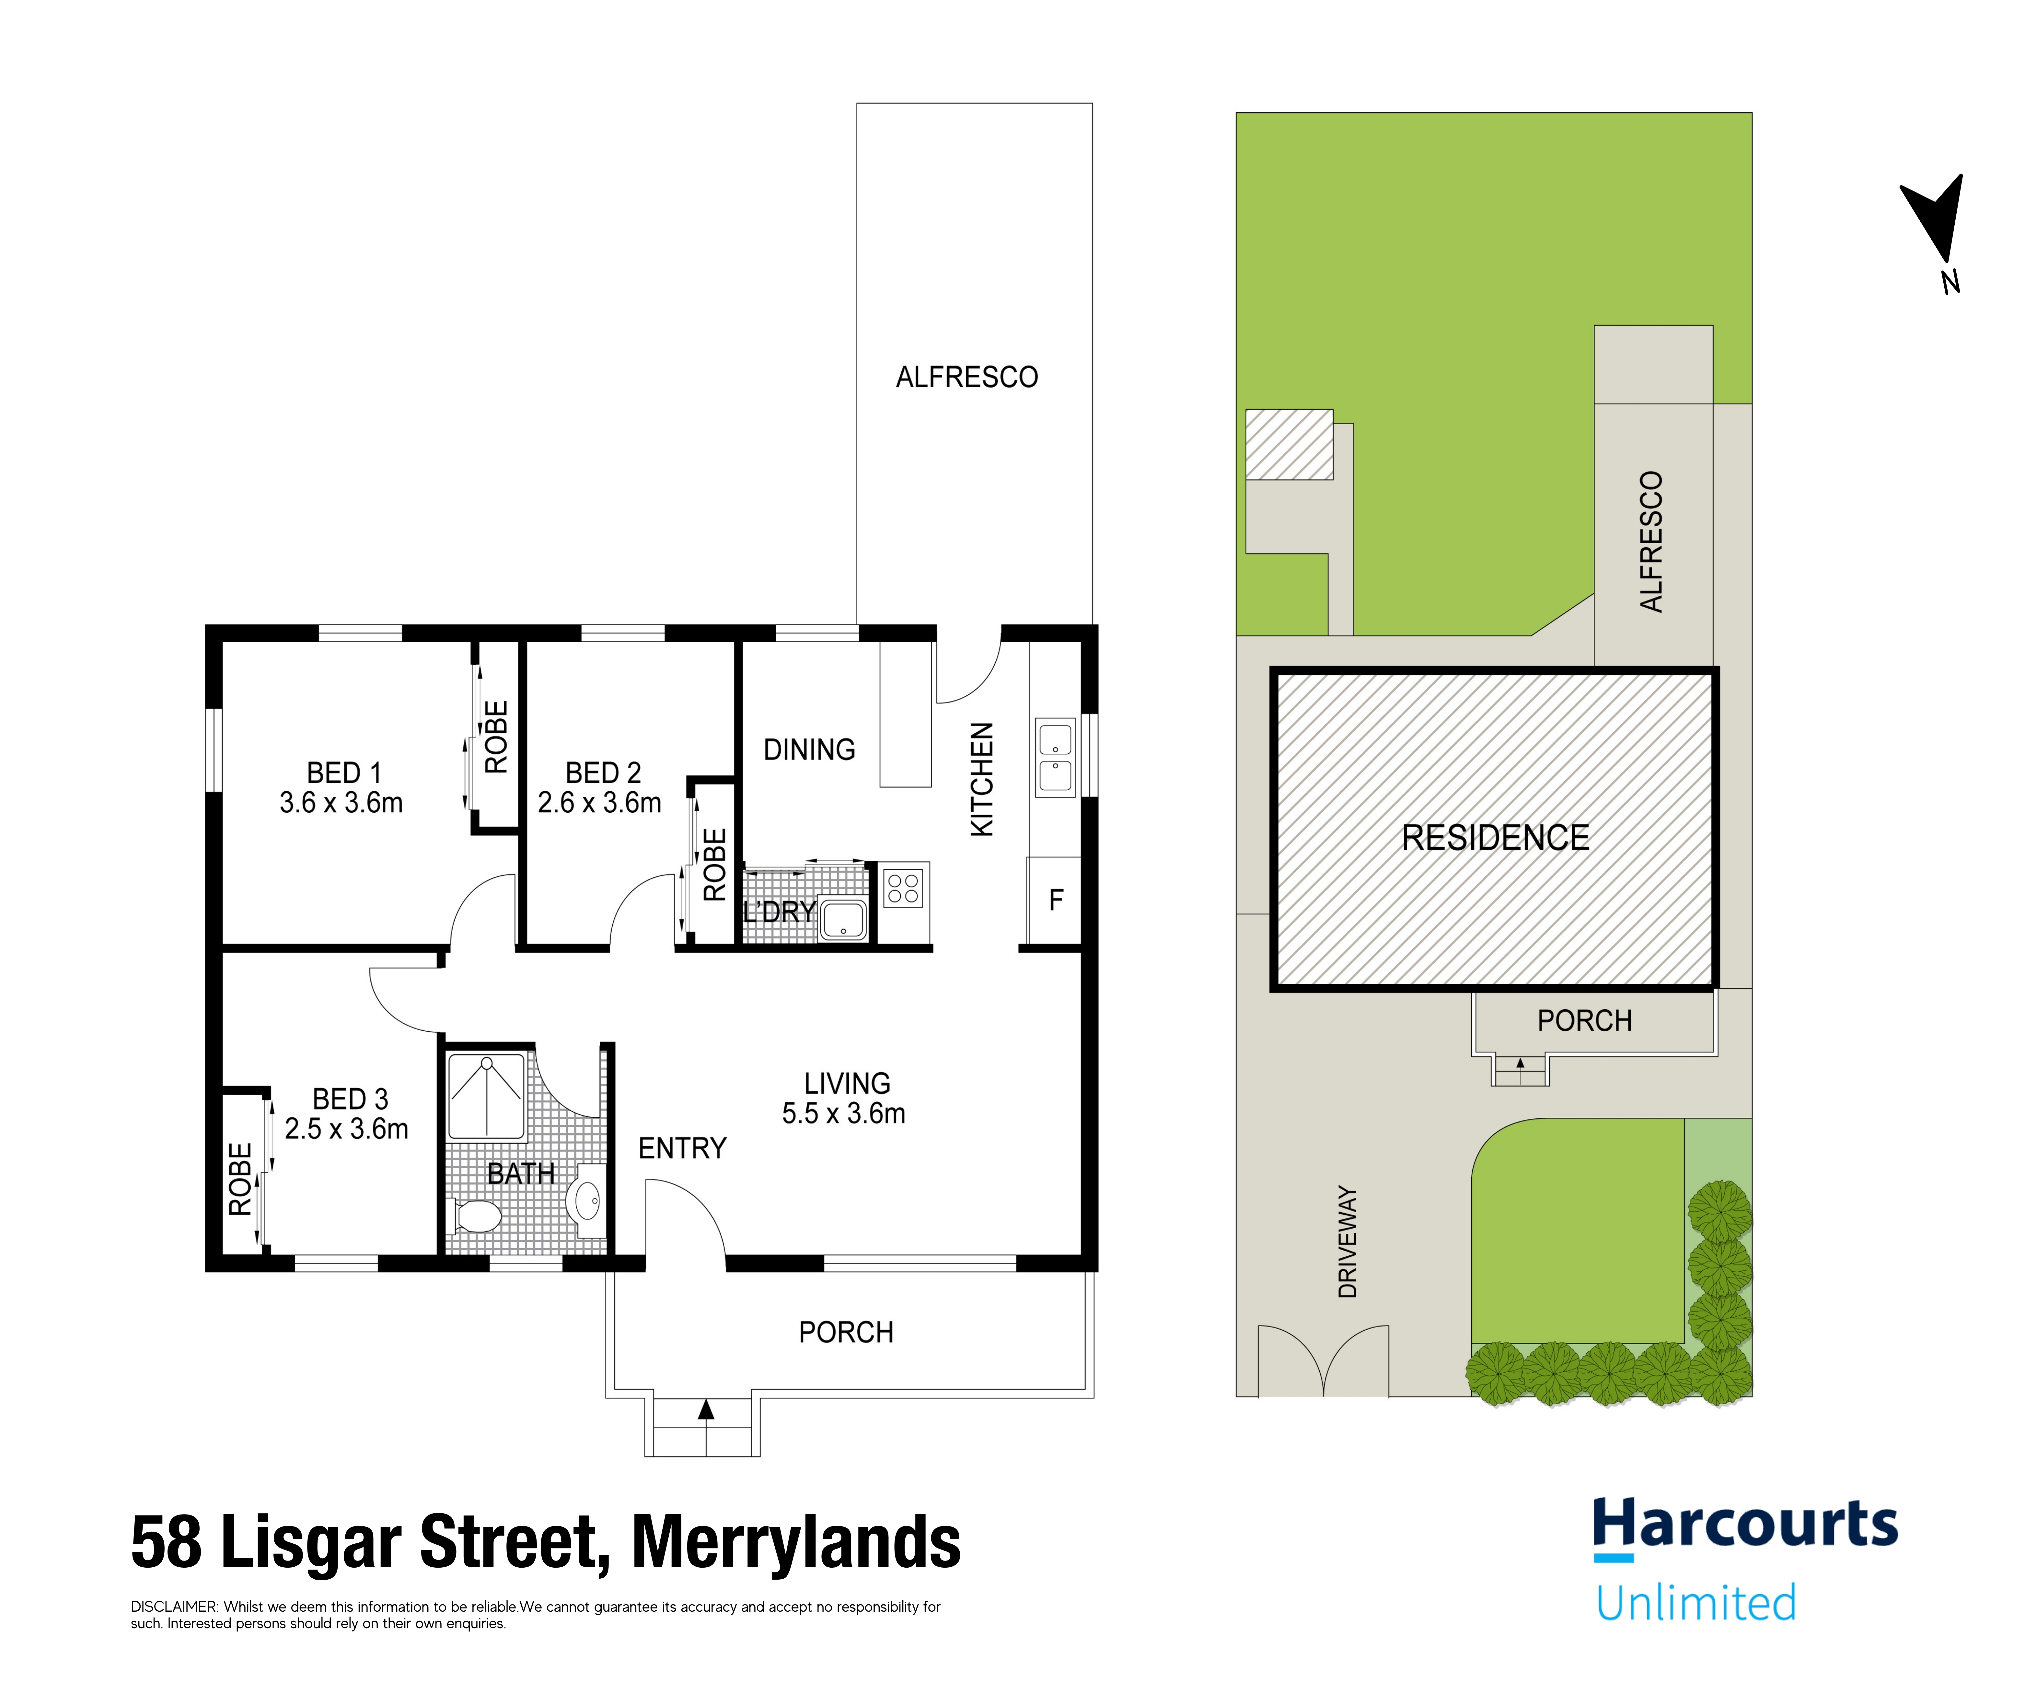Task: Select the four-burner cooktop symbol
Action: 903,889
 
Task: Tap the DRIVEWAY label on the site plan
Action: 1348,1241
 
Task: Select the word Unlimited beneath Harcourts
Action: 1695,1604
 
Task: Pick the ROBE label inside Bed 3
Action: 240,1179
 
